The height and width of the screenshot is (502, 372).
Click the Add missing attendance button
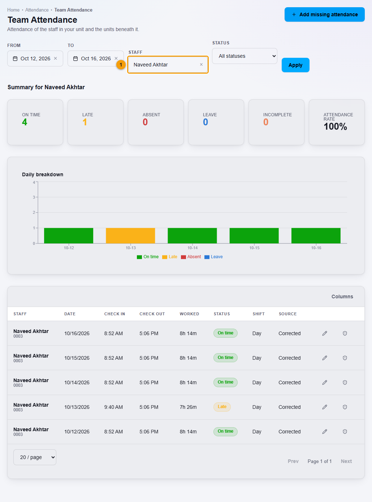[324, 14]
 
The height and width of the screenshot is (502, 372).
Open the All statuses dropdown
[245, 56]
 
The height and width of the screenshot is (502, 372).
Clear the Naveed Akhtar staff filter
[201, 65]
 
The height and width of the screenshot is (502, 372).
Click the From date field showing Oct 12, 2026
[35, 59]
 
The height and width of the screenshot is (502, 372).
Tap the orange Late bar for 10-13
[130, 235]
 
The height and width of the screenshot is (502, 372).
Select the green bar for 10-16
[316, 235]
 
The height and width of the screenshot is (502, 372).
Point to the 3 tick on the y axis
[34, 197]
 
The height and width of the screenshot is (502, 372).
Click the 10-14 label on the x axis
[193, 248]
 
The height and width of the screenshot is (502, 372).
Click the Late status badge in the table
[222, 407]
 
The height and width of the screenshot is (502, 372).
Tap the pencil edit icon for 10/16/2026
[325, 333]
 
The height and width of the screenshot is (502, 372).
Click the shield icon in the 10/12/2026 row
[345, 432]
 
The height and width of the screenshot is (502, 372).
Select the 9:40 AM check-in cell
[113, 407]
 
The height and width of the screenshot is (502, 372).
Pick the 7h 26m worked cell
[188, 407]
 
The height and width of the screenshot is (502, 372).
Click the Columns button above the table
[342, 297]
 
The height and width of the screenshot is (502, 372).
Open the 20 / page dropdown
[35, 457]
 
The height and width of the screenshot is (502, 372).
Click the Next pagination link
[346, 461]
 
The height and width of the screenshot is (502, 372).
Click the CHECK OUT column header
[152, 314]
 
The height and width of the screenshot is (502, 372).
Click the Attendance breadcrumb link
[37, 10]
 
